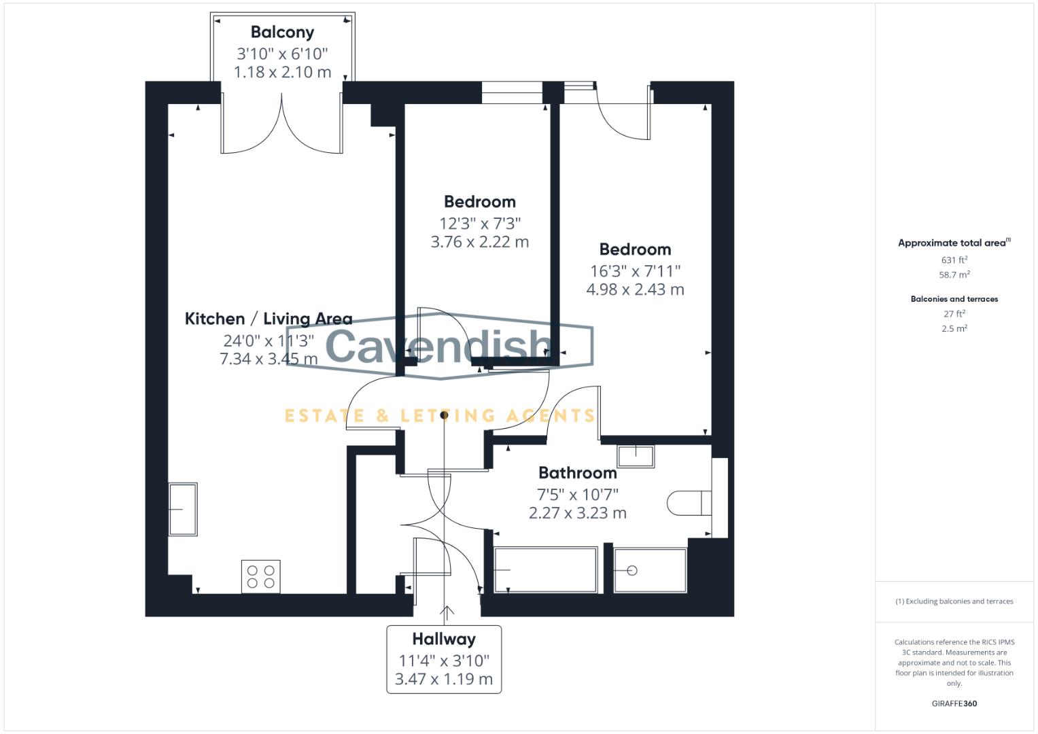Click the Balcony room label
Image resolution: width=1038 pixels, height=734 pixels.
pyautogui.click(x=282, y=33)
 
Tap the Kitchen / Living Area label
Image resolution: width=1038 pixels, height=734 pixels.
pyautogui.click(x=269, y=319)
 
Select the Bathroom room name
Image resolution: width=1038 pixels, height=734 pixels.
pyautogui.click(x=577, y=473)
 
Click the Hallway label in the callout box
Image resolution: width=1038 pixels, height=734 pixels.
pyautogui.click(x=444, y=640)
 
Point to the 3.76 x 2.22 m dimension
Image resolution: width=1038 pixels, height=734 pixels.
pyautogui.click(x=479, y=242)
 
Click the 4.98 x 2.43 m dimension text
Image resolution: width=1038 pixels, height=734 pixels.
pyautogui.click(x=635, y=290)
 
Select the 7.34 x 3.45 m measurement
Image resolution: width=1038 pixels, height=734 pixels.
pyautogui.click(x=269, y=359)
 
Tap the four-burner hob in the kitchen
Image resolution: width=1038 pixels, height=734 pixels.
pyautogui.click(x=261, y=577)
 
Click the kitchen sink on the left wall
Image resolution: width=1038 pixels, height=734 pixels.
pyautogui.click(x=182, y=509)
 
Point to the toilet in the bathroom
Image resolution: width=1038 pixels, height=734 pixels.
pyautogui.click(x=688, y=504)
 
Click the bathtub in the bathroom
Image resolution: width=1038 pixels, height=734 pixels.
pyautogui.click(x=546, y=570)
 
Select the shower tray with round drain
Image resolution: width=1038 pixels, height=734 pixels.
pyautogui.click(x=649, y=570)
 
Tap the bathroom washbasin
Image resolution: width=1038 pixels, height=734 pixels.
pyautogui.click(x=636, y=456)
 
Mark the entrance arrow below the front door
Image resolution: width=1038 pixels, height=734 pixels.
pyautogui.click(x=447, y=614)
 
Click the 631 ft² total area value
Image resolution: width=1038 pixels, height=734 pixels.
pyautogui.click(x=954, y=260)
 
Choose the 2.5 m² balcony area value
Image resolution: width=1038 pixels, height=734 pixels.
pyautogui.click(x=954, y=328)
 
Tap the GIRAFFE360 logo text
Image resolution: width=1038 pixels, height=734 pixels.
pyautogui.click(x=954, y=703)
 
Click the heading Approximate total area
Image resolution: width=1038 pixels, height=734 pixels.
pyautogui.click(x=953, y=243)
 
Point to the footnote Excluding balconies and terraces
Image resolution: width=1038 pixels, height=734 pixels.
pyautogui.click(x=954, y=601)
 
